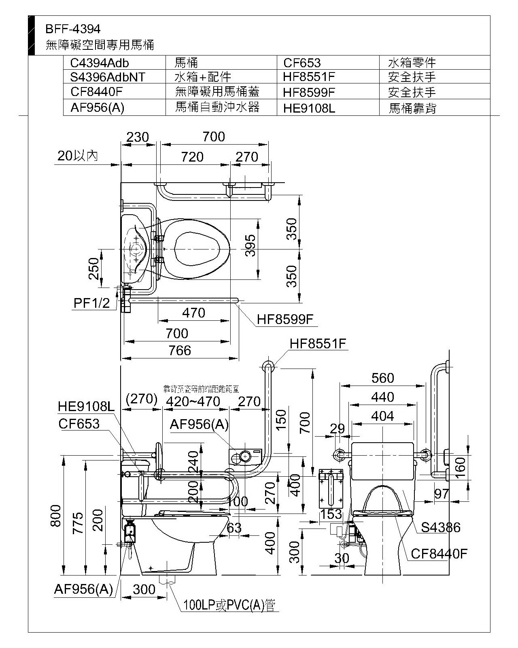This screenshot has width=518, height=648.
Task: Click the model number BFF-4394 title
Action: point(73,29)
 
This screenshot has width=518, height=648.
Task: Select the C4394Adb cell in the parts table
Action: point(100,63)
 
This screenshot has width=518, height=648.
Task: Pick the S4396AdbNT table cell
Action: point(107,77)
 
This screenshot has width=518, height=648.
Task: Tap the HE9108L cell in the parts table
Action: point(309,108)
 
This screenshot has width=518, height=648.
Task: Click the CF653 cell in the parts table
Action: point(302,63)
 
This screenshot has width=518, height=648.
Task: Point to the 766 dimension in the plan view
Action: point(180,350)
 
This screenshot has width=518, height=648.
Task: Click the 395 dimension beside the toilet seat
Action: point(251,246)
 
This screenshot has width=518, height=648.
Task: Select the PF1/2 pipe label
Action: point(92,303)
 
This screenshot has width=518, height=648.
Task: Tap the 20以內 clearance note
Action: point(78,156)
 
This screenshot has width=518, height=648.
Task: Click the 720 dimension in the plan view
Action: point(192,157)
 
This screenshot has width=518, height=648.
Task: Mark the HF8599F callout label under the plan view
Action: point(285,320)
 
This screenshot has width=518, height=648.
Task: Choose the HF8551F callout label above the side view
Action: point(318,344)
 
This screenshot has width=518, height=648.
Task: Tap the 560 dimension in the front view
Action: point(382,378)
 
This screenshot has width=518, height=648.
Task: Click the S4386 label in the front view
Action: point(441,527)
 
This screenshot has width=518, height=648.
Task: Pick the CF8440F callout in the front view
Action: point(439,553)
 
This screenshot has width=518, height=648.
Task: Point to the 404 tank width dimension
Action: point(382,416)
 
